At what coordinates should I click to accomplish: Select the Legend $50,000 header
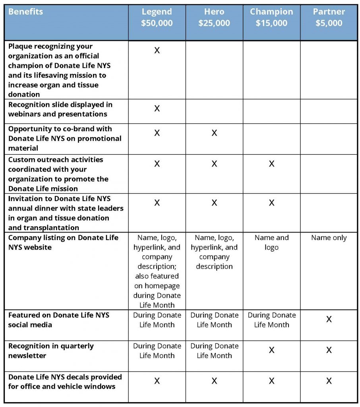157,17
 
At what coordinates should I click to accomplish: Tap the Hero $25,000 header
214,17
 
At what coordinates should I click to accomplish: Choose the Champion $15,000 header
271,17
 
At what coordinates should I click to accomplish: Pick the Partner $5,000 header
329,17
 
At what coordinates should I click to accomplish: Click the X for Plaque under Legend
157,50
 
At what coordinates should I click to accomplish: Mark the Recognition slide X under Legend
157,109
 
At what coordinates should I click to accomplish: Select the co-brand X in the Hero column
214,133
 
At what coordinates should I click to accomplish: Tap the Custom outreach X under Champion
271,164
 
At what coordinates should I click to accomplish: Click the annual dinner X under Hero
214,203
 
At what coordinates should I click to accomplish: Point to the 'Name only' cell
329,238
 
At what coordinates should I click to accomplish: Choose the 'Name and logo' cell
271,242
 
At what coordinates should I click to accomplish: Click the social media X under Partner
329,319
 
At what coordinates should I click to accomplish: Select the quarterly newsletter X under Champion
271,350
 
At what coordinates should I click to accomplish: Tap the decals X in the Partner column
329,381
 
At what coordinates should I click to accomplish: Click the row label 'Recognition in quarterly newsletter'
51,351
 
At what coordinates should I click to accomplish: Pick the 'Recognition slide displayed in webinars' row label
60,109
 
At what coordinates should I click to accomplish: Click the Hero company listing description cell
214,252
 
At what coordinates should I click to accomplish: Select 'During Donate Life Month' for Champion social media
271,320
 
